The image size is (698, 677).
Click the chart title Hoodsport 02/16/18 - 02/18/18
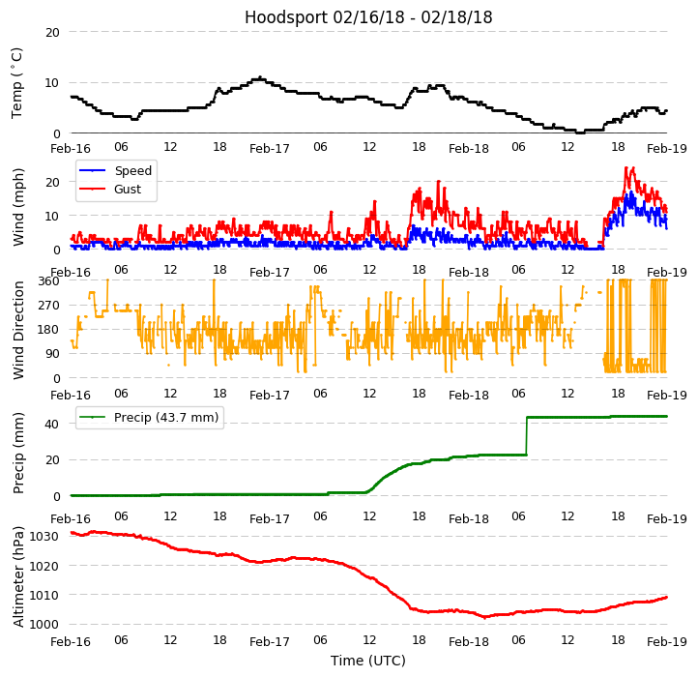[x=368, y=17]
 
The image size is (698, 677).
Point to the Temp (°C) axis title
[x=17, y=82]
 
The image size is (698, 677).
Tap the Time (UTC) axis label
[x=368, y=661]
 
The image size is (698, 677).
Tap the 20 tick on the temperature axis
[x=53, y=32]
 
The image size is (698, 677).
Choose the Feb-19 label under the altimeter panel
[x=667, y=641]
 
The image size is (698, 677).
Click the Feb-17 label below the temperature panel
[x=270, y=149]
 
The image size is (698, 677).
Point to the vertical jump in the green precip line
[x=526, y=435]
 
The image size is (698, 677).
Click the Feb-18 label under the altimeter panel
[x=469, y=641]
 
